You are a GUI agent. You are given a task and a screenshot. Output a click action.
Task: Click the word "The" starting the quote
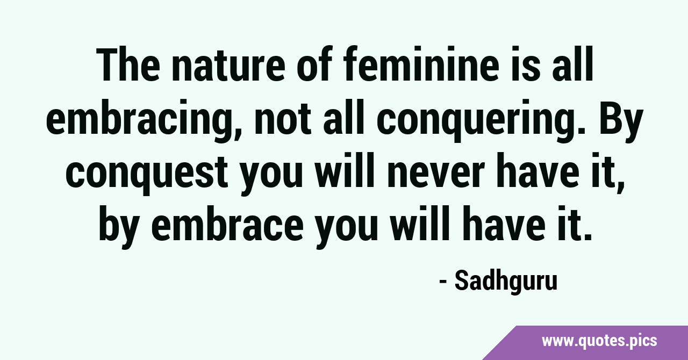click(128, 64)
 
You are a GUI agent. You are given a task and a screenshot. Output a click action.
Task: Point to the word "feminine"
click(422, 64)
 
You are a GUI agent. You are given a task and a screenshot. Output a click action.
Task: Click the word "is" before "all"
click(526, 64)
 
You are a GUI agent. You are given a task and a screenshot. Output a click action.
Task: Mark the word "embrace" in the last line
click(227, 224)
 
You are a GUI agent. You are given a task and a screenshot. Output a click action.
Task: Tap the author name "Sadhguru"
click(506, 282)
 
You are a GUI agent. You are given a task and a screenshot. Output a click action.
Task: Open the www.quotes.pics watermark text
click(599, 342)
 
